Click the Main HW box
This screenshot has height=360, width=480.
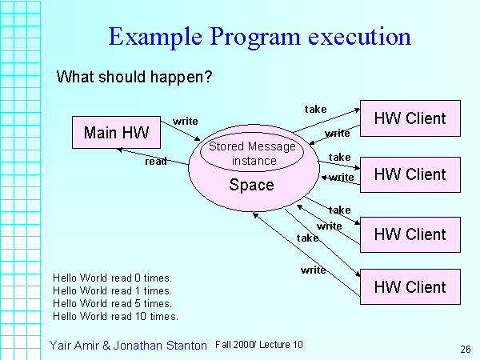[116, 133]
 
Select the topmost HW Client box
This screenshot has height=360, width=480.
[410, 118]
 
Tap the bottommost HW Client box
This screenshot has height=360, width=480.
[410, 286]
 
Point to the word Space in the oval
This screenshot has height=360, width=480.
[251, 186]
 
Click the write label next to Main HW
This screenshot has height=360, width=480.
[186, 122]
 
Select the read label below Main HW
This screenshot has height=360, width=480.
[155, 162]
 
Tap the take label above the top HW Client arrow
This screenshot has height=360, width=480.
[316, 108]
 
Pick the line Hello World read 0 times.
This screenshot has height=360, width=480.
[113, 278]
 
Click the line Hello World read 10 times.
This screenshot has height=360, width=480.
[115, 316]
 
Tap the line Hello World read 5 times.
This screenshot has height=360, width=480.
[113, 303]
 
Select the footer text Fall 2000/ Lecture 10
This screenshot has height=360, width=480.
[259, 345]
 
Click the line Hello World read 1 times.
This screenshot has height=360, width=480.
[113, 290]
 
